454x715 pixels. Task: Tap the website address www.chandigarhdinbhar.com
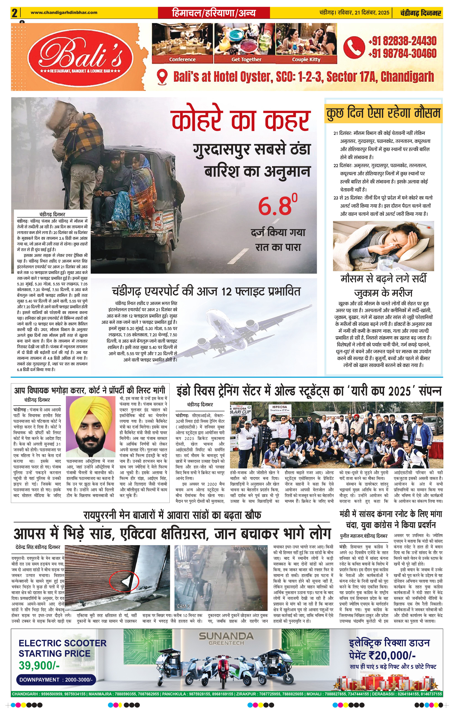[x=64, y=12]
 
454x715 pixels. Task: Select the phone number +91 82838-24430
[x=402, y=41]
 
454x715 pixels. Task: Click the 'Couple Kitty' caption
[x=306, y=59]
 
